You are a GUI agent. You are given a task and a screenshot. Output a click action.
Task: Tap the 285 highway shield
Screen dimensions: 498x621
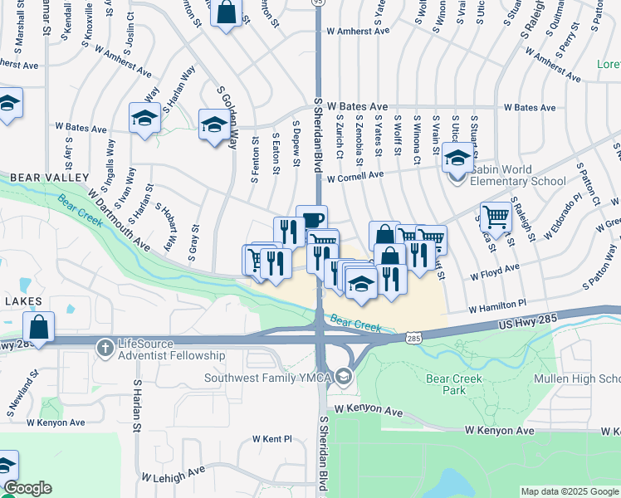414,338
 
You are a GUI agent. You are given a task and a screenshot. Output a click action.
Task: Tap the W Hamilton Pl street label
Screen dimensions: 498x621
497,306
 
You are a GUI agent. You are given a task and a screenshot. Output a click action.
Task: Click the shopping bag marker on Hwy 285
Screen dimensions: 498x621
38,326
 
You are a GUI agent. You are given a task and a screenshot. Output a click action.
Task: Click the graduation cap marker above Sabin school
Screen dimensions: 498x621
457,155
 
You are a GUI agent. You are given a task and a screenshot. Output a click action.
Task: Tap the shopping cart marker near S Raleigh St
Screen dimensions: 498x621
495,217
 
